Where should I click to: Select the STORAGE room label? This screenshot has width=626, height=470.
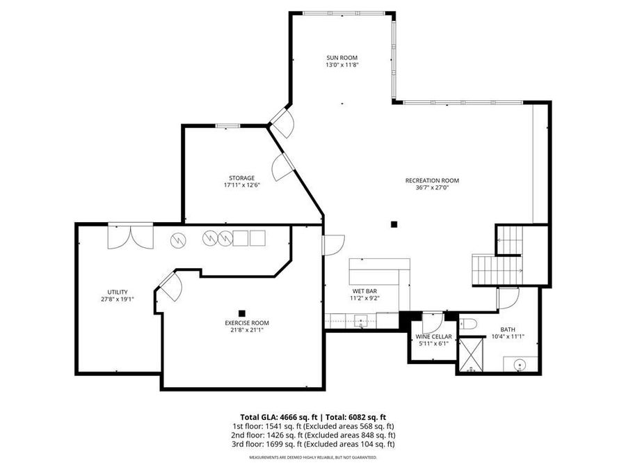pos(239,178)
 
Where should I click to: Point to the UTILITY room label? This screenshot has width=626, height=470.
pos(117,292)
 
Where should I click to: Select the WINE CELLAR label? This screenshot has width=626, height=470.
pos(433,336)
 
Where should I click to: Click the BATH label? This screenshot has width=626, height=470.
pos(508,329)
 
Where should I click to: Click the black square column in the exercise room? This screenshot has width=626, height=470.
pos(242,313)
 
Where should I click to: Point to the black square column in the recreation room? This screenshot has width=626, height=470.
pos(394,224)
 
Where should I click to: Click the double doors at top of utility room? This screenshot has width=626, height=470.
pos(130,237)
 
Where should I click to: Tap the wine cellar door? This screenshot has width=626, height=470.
pos(431,322)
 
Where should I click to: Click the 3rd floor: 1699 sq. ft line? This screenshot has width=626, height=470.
pos(313,444)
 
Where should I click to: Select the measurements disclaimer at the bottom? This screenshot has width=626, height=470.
pos(313,457)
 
